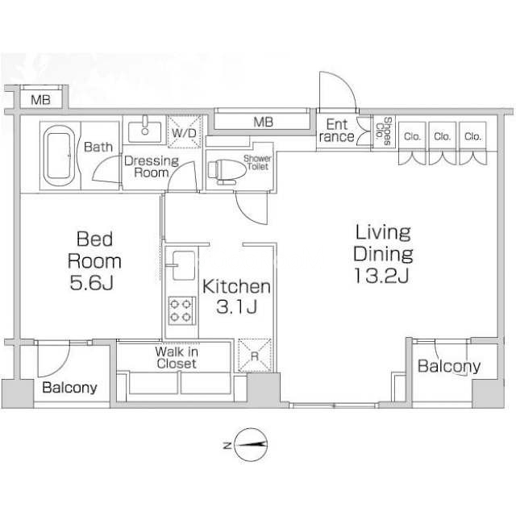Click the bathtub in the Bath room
pyautogui.click(x=59, y=156)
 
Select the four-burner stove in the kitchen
pyautogui.click(x=182, y=310)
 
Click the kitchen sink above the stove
pyautogui.click(x=183, y=265)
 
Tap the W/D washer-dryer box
pyautogui.click(x=184, y=132)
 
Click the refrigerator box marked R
pyautogui.click(x=255, y=356)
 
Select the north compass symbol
pyautogui.click(x=250, y=445)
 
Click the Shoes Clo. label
pyautogui.click(x=384, y=131)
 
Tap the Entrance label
pyautogui.click(x=337, y=131)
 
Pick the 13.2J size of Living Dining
pyautogui.click(x=382, y=276)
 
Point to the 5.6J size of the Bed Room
pyautogui.click(x=91, y=283)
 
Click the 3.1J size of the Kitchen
pyautogui.click(x=236, y=307)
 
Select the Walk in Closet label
pyautogui.click(x=177, y=358)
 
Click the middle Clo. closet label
pyautogui.click(x=443, y=136)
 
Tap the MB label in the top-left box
pyautogui.click(x=40, y=100)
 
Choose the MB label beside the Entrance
pyautogui.click(x=264, y=123)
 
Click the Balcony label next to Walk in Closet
pyautogui.click(x=70, y=388)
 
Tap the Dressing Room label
pyautogui.click(x=152, y=167)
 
